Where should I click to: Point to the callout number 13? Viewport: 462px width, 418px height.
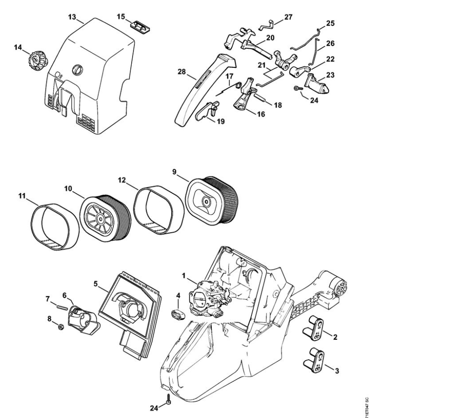(x=72, y=17)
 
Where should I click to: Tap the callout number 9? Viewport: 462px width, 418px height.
(x=174, y=172)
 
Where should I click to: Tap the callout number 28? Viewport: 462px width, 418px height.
(x=181, y=72)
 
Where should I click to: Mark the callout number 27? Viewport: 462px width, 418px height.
(x=288, y=17)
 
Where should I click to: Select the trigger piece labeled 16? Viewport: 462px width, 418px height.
(x=244, y=97)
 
